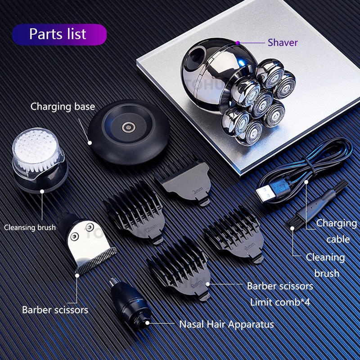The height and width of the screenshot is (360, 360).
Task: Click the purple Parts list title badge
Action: pos(59,35)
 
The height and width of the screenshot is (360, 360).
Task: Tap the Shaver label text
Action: pos(283,43)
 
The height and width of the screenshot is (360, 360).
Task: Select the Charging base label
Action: pos(63,107)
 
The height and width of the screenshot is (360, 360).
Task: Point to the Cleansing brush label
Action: pos(30,227)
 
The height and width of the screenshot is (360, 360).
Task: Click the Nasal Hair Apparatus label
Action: pos(226,324)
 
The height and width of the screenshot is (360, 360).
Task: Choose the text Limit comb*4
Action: pos(280,302)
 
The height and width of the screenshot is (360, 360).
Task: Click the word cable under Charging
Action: pos(338,239)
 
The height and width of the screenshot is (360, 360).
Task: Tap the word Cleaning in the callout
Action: pos(325,257)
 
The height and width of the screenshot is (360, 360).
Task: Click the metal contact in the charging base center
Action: pos(128,127)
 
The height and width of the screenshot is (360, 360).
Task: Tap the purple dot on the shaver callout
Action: pos(238,43)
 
